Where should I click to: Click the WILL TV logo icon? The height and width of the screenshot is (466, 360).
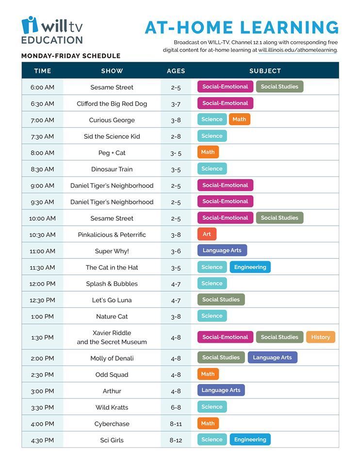[30, 25]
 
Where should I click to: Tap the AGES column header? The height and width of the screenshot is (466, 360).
[176, 71]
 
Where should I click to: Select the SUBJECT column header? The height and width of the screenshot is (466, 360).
[265, 71]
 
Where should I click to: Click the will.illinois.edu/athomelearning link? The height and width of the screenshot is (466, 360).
[297, 50]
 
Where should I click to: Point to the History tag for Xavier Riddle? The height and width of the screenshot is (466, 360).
[321, 337]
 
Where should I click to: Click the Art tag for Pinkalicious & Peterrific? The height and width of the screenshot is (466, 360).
[207, 234]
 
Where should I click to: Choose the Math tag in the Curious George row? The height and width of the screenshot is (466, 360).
[239, 119]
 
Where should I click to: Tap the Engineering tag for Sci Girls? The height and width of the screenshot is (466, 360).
[250, 439]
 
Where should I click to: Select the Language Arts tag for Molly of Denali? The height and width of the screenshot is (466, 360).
[272, 357]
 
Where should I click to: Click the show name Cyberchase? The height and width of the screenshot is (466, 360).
[112, 424]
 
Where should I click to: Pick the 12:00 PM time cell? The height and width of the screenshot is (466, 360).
[43, 284]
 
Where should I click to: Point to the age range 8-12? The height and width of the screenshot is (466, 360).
[176, 440]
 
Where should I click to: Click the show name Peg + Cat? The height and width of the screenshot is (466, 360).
[112, 153]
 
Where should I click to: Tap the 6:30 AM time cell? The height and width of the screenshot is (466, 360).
[43, 104]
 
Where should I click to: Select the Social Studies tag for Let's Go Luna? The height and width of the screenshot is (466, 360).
[221, 300]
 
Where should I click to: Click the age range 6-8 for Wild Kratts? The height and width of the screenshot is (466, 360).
[176, 407]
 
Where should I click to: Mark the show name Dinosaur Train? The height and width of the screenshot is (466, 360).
[112, 169]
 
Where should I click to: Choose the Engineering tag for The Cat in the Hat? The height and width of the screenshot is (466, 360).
[250, 267]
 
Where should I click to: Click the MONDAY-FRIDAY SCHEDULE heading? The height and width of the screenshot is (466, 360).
[71, 56]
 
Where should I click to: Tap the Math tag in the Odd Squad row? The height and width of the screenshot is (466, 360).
[208, 374]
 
